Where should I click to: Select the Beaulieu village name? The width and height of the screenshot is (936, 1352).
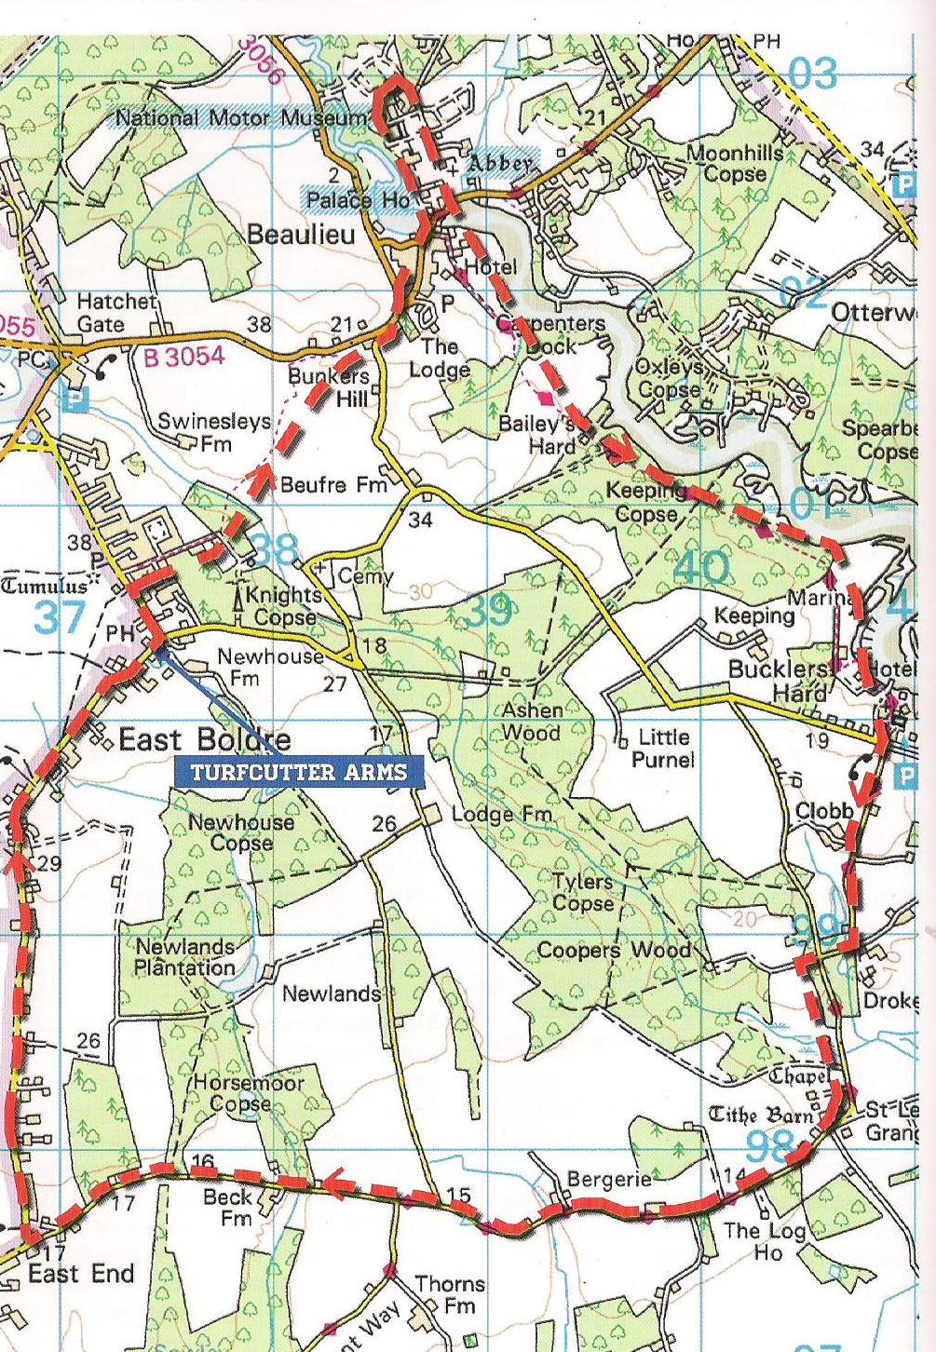point(301,235)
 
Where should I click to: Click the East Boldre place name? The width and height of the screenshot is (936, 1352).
point(205,740)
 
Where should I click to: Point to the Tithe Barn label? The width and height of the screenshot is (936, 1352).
point(762,1115)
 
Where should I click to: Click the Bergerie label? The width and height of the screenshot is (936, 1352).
point(609,1180)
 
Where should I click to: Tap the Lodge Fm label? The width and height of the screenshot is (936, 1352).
point(502,815)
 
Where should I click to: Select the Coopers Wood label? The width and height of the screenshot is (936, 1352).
point(615,951)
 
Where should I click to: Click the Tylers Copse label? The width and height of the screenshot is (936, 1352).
point(583,891)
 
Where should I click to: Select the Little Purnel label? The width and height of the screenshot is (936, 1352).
point(663,749)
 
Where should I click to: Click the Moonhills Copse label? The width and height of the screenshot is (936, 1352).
point(734,163)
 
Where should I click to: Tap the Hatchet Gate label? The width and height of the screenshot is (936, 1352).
point(114,312)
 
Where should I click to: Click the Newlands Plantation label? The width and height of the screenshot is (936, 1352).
point(184,957)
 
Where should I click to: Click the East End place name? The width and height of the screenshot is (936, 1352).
point(81,1274)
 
